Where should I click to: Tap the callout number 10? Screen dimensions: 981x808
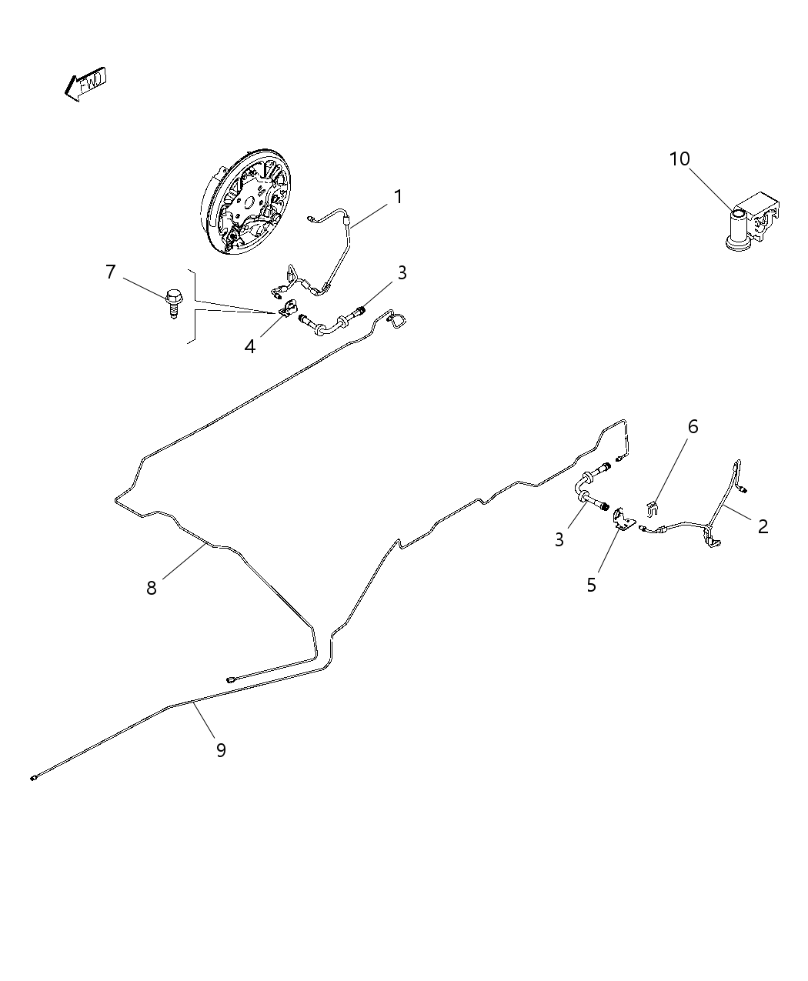[x=679, y=159]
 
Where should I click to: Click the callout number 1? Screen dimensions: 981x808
[x=398, y=197]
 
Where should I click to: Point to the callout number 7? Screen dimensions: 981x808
[x=111, y=272]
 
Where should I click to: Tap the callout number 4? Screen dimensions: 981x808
[x=250, y=347]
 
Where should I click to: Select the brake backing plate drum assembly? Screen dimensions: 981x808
[x=246, y=203]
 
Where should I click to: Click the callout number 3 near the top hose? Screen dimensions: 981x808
[x=402, y=272]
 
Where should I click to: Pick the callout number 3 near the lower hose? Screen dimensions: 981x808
[x=559, y=540]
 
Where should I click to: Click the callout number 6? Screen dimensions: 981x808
[x=693, y=426]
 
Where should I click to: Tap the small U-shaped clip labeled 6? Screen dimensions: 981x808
[x=652, y=508]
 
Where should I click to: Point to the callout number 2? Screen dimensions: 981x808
[x=763, y=526]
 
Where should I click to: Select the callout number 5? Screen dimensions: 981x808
[x=591, y=585]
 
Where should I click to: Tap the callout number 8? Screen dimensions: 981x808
[x=152, y=588]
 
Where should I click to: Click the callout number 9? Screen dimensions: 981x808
[x=221, y=750]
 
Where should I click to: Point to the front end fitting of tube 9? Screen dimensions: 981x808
[x=35, y=778]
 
